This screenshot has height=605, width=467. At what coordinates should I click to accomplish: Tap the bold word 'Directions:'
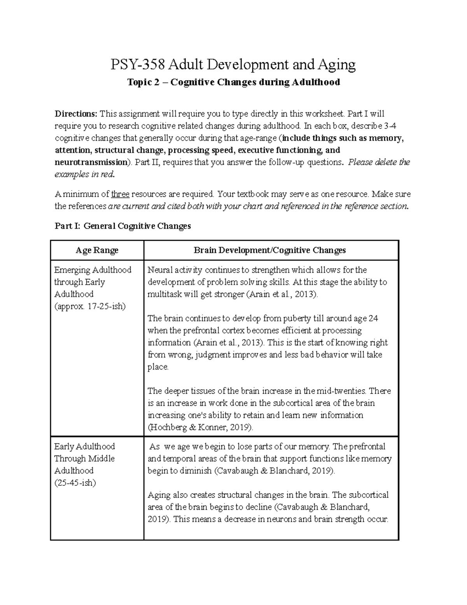tap(76, 114)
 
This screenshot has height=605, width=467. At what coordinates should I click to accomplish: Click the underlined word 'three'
tap(120, 194)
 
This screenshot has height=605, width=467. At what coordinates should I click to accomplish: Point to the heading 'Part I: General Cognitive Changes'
tap(123, 226)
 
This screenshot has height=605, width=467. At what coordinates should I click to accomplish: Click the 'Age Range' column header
tap(97, 250)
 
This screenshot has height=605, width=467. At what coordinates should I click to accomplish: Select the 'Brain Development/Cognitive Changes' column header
tap(270, 250)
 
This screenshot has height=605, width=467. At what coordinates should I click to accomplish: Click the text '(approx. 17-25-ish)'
tap(90, 306)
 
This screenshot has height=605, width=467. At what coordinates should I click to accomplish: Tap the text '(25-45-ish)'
tap(75, 483)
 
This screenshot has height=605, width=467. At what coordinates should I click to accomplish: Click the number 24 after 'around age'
tap(373, 318)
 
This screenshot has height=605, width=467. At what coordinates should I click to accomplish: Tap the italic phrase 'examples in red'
tap(84, 174)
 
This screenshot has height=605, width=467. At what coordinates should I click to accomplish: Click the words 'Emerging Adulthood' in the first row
tap(93, 270)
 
